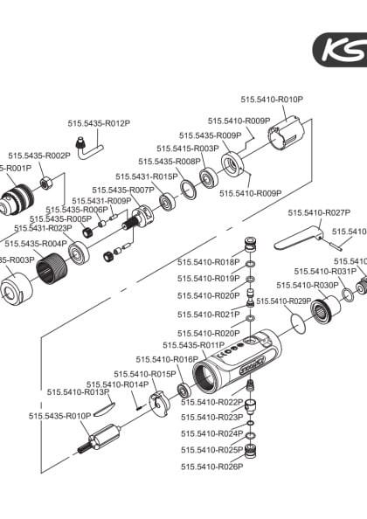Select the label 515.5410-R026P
pos(211,467)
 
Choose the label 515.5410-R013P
pos(77,392)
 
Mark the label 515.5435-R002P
pos(39,156)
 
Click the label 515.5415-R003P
pos(188,149)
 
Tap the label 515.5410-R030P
pos(307,286)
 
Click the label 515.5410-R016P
pos(167,360)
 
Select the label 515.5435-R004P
pos(36,244)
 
